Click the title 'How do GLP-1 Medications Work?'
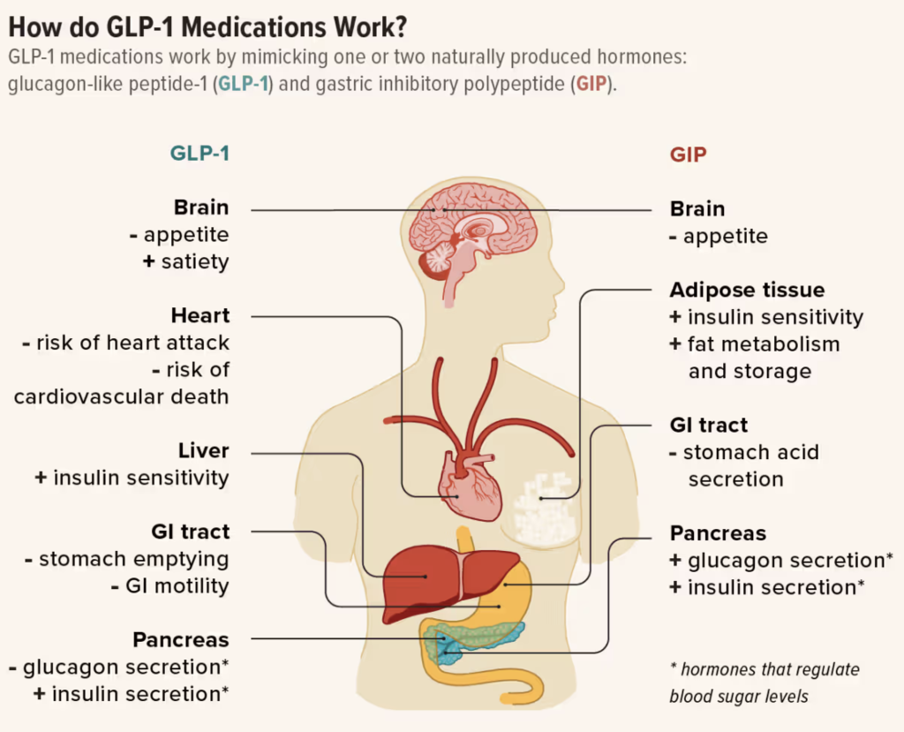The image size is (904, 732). [x=207, y=27]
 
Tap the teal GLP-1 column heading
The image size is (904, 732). [x=200, y=154]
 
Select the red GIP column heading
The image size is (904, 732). [x=688, y=155]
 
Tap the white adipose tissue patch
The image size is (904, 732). [x=545, y=509]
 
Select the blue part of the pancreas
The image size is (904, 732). [x=448, y=652]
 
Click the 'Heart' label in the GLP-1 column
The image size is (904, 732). [x=200, y=315]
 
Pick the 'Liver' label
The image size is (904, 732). [x=203, y=450]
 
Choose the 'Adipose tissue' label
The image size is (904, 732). [x=747, y=290]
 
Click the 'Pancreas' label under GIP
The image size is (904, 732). [x=718, y=533]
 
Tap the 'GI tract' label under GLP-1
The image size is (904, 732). [x=191, y=532]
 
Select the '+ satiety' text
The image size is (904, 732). [x=185, y=262]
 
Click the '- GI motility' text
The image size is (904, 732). [x=170, y=586]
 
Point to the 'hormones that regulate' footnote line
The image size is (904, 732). [x=765, y=669]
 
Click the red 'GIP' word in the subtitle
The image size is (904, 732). [x=591, y=84]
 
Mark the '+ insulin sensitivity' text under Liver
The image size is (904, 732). [x=132, y=478]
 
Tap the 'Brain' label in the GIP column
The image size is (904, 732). [x=697, y=208]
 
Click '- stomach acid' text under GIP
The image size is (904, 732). [x=744, y=452]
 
